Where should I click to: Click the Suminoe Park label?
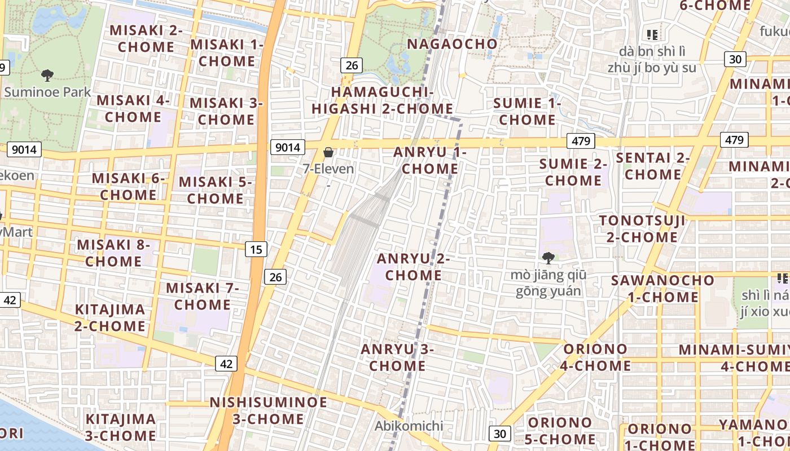coord(47,92)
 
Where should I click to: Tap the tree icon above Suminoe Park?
coord(47,75)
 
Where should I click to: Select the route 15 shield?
coord(256,249)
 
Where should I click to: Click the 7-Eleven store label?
coord(328,169)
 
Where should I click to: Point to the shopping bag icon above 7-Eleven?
coord(328,152)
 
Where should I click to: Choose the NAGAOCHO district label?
coord(452,44)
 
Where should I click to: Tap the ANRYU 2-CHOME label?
coord(413,267)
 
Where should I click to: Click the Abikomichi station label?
coord(409,426)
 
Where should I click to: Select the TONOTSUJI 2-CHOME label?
coord(642,228)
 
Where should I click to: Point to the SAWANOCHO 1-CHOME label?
coord(662,288)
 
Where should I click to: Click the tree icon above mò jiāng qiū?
coord(547,258)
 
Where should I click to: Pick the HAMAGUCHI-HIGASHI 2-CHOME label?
coord(382,100)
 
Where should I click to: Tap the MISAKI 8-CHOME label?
coord(113,253)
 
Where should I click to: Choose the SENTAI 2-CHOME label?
coord(652,166)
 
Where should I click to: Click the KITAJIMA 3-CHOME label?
coord(121,427)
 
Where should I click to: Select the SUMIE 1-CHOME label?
coord(527,111)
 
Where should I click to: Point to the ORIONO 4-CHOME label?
coord(596,357)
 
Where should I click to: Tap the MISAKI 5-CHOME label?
coord(215,190)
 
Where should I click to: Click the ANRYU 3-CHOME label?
coord(397,357)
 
